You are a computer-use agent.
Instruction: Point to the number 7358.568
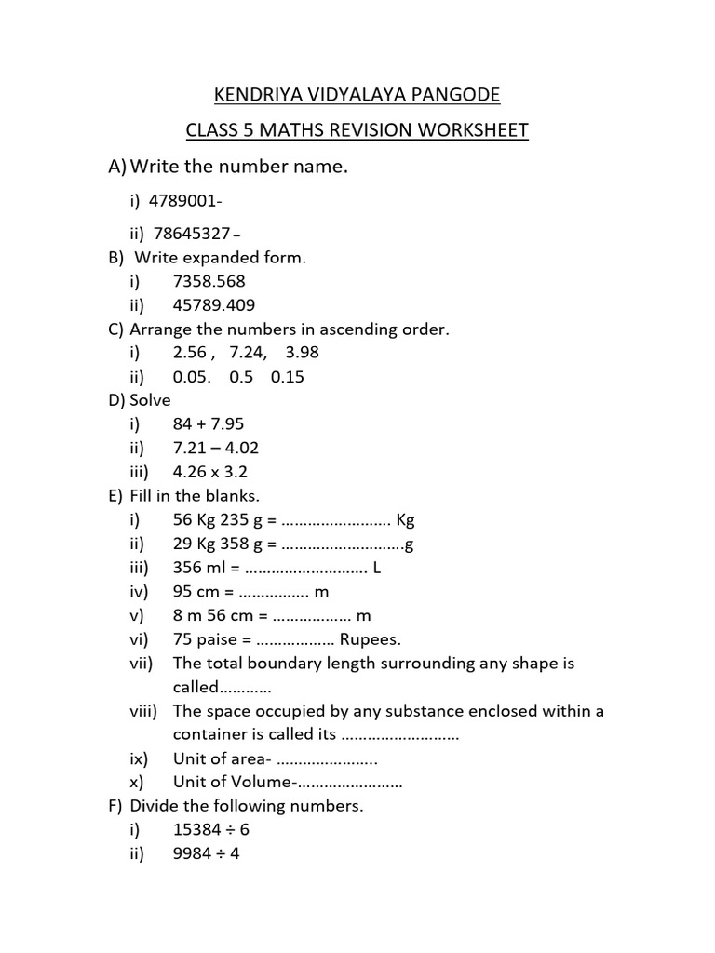[209, 281]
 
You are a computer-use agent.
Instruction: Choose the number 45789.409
[214, 304]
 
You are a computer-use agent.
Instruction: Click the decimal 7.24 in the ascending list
[247, 353]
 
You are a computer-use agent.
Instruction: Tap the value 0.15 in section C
[288, 377]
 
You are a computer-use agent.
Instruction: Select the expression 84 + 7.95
[209, 424]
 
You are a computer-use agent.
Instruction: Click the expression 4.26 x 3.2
[210, 472]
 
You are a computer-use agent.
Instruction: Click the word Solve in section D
[151, 400]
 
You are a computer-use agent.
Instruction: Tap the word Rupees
[370, 639]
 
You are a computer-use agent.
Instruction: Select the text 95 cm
[197, 592]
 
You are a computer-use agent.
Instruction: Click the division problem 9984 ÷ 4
[207, 853]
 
